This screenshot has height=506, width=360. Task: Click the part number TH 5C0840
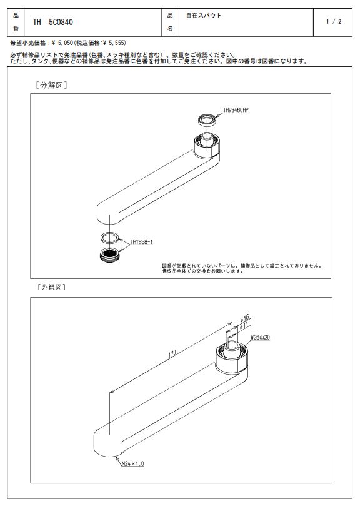(x=53, y=22)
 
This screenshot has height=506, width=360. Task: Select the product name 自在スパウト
(x=204, y=15)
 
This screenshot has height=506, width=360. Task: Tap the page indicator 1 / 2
(x=334, y=22)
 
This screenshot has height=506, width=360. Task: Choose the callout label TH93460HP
(x=236, y=110)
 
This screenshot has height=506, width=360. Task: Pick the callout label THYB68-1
(x=141, y=242)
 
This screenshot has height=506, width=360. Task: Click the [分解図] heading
(x=51, y=85)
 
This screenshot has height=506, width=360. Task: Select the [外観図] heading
(x=51, y=287)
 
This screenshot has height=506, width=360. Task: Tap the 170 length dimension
(x=172, y=353)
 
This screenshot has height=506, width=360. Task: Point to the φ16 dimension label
(x=244, y=318)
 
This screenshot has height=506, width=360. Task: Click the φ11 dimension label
(x=244, y=326)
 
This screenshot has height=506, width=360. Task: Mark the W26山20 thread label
(x=261, y=338)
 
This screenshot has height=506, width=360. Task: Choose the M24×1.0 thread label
(x=133, y=463)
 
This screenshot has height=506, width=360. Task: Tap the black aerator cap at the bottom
(x=109, y=255)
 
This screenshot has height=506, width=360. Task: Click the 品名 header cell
(x=170, y=23)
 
